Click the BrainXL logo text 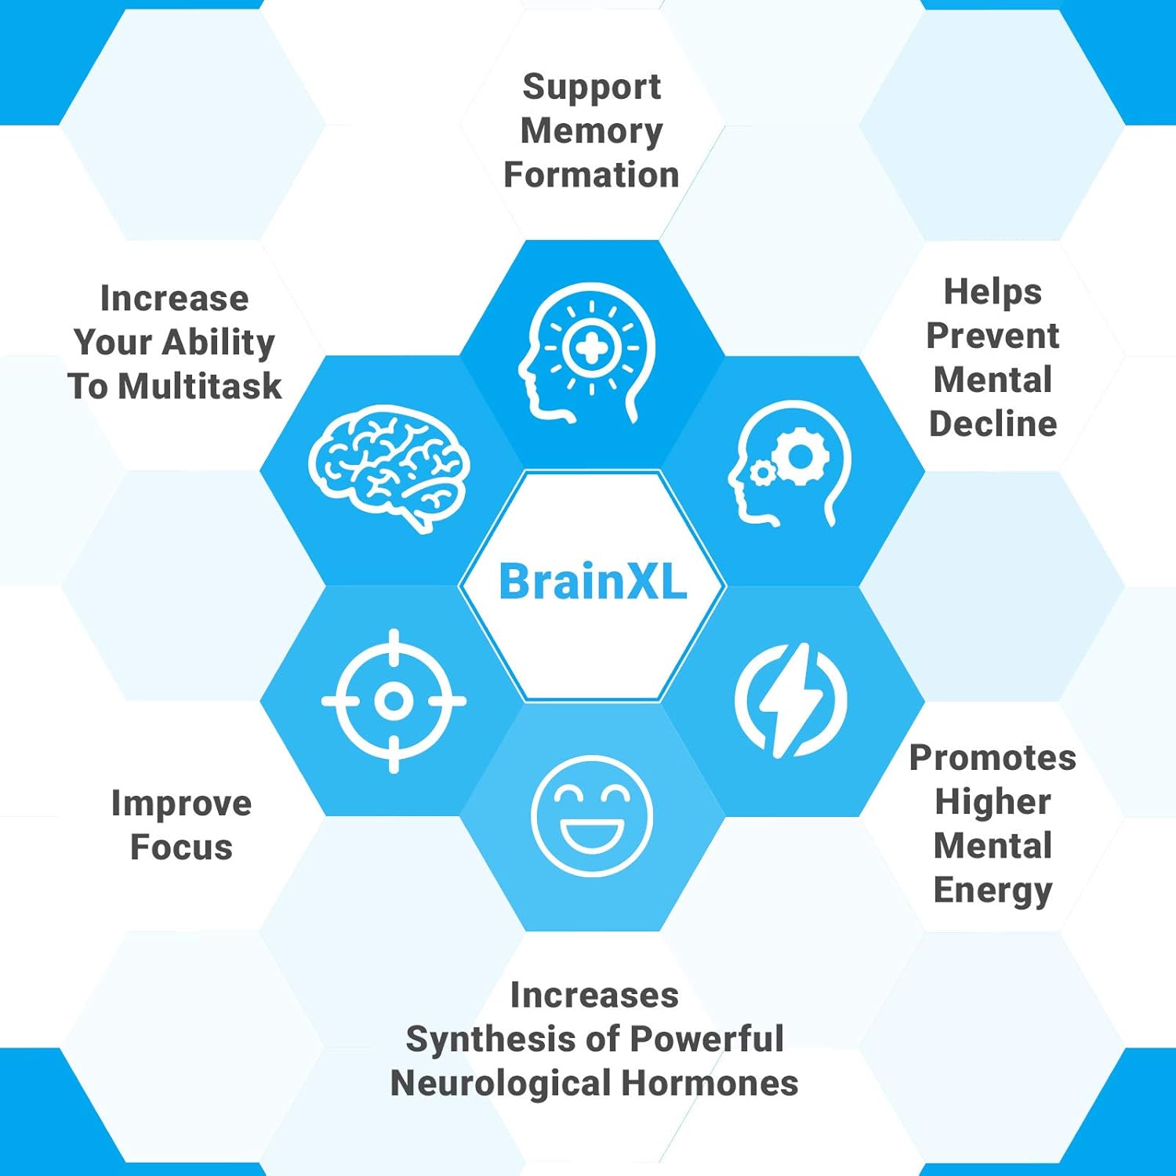(593, 582)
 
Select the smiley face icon (592, 815)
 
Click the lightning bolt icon (791, 700)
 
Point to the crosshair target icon (394, 701)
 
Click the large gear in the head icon (800, 456)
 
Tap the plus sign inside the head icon (592, 347)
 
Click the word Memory (592, 132)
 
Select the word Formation (592, 175)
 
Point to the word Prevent (993, 336)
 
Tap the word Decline (993, 423)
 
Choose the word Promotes (993, 757)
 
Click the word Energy (993, 891)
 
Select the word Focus (181, 847)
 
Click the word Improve (181, 804)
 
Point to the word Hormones (710, 1083)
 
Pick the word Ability (219, 343)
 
